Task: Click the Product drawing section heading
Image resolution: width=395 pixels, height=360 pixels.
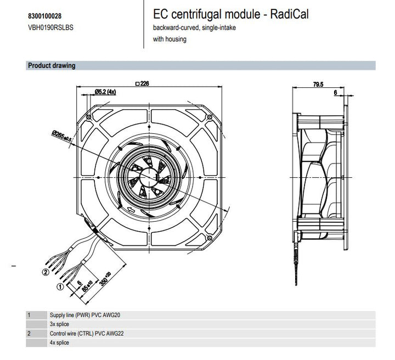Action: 52,66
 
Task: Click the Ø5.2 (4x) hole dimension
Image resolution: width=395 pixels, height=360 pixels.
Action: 106,91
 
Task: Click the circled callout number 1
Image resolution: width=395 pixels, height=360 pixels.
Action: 59,286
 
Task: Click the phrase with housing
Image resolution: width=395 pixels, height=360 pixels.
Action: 170,38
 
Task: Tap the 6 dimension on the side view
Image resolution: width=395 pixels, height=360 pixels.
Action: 335,93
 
